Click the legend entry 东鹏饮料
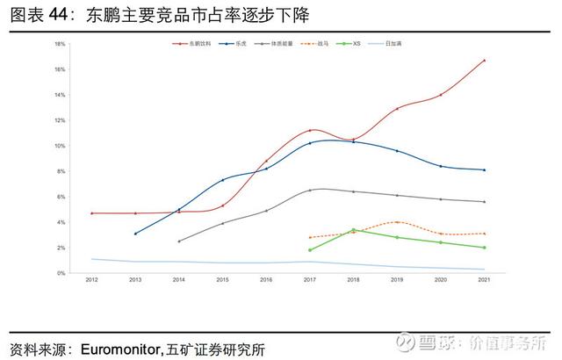click(x=192, y=43)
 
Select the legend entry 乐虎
click(x=238, y=43)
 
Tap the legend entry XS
click(x=355, y=43)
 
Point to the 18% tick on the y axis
click(x=60, y=44)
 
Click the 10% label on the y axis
click(x=60, y=146)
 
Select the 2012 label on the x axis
click(x=91, y=281)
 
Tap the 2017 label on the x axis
click(x=310, y=281)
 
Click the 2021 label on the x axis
click(x=485, y=281)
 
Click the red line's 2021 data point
click(x=485, y=61)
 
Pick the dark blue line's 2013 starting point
click(x=135, y=234)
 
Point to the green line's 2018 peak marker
click(x=354, y=230)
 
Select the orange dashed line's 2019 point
click(x=397, y=222)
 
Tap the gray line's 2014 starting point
click(x=179, y=241)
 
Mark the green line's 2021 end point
click(x=485, y=248)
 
